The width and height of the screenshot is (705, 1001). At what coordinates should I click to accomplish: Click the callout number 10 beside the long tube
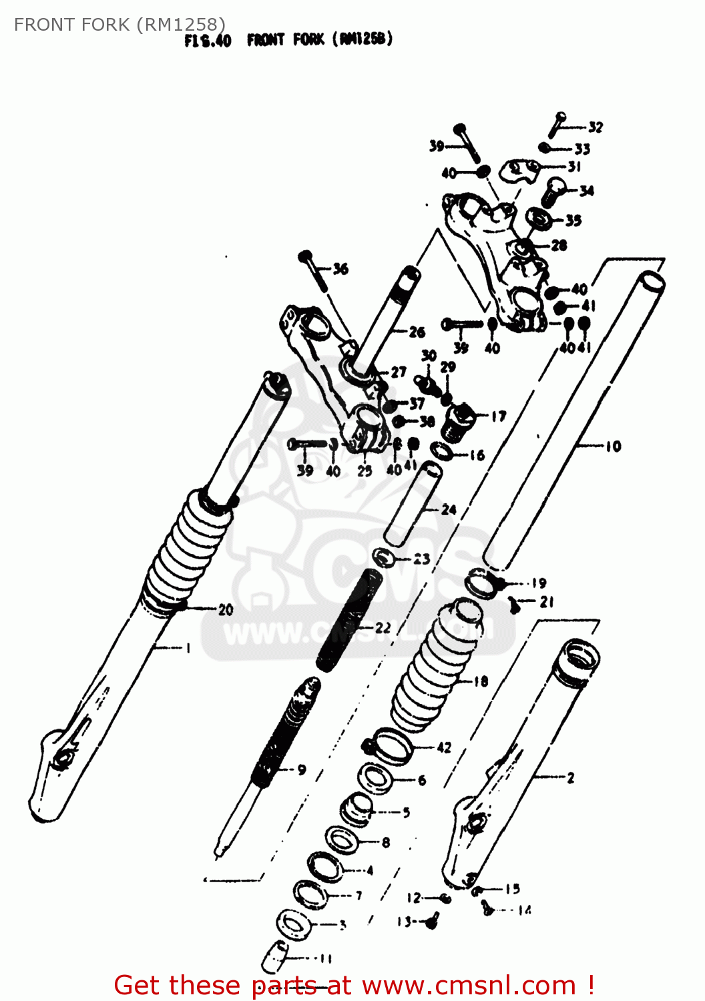(x=613, y=446)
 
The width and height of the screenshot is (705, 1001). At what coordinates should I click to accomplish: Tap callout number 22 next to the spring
(x=383, y=628)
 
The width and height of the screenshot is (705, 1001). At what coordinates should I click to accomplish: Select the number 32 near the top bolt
(x=595, y=127)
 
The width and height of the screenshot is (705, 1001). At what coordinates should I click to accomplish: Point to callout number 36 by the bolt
(x=340, y=269)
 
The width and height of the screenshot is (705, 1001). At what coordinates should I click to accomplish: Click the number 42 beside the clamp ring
(x=444, y=747)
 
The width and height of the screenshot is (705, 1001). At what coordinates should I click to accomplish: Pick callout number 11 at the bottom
(x=325, y=959)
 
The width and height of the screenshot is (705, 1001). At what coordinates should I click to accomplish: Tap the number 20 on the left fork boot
(x=226, y=609)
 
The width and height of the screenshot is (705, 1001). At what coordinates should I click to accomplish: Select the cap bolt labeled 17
(x=457, y=422)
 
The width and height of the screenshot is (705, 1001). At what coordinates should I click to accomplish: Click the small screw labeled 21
(x=514, y=605)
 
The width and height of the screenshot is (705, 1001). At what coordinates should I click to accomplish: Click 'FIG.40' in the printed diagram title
(x=208, y=41)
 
